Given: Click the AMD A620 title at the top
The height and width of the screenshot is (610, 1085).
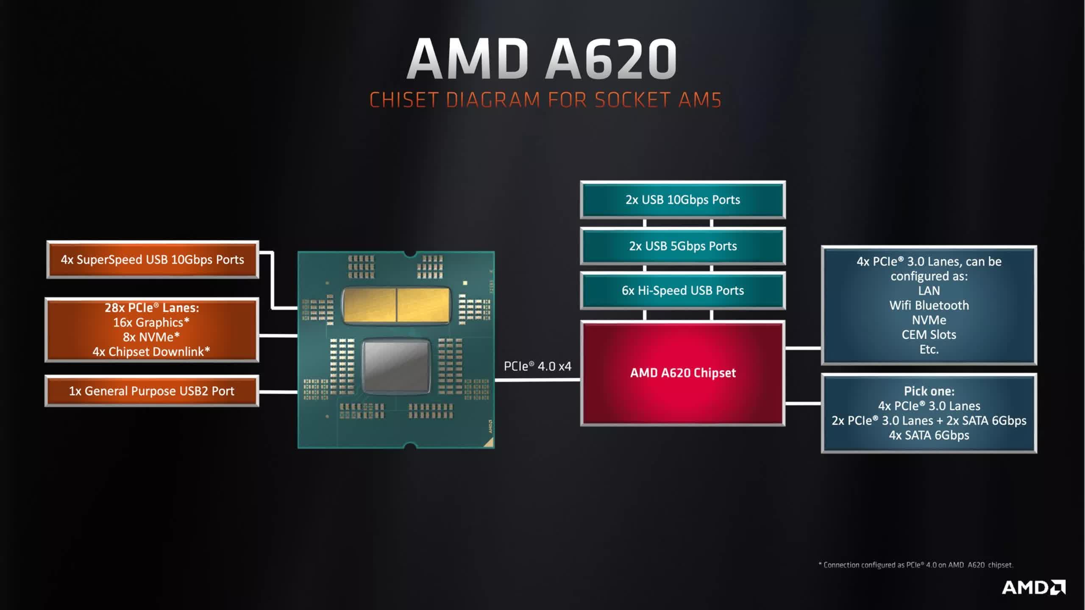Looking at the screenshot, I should (542, 59).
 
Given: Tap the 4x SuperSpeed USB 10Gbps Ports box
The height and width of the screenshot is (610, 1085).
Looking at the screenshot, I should (152, 260).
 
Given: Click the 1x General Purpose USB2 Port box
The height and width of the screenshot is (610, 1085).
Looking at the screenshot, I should (151, 391).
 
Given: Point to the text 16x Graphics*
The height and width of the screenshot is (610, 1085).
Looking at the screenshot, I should (151, 322).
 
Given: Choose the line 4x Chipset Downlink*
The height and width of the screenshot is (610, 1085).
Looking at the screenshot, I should (151, 352).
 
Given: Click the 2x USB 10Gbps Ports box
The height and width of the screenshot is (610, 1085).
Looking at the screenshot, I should (682, 200).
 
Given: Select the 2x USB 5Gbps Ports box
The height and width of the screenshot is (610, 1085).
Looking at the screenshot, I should (682, 246).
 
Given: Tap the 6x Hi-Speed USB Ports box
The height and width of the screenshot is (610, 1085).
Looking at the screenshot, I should (682, 291).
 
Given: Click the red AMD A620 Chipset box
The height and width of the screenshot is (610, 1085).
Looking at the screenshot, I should (682, 373).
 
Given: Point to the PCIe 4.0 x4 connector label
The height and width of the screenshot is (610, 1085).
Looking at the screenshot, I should (537, 366).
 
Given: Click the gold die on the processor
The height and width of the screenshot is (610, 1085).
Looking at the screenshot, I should (396, 305).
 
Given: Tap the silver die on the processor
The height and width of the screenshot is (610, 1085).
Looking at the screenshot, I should (396, 366).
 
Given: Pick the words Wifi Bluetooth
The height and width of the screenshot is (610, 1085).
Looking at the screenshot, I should (929, 305).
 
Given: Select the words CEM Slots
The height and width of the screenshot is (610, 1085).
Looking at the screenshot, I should (929, 335).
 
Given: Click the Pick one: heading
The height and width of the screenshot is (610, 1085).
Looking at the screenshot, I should (929, 391).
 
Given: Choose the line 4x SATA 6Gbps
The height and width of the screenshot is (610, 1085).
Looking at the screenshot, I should (929, 435).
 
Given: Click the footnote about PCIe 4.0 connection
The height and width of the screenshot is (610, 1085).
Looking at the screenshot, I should (915, 565).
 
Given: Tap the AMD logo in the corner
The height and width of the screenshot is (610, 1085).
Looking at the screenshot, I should (1033, 588).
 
